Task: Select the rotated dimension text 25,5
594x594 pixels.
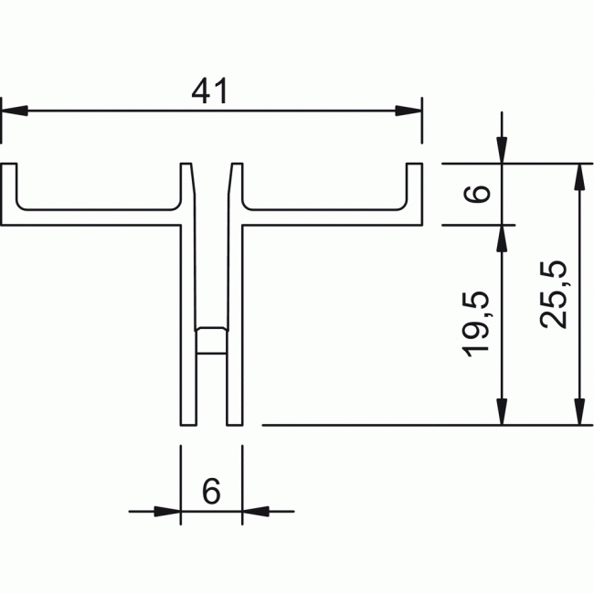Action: (x=555, y=293)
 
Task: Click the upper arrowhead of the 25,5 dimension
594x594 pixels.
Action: (x=578, y=176)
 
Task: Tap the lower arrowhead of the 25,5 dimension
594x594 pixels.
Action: (x=578, y=412)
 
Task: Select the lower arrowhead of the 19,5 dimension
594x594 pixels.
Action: (x=501, y=412)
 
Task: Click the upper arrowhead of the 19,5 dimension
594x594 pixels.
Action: (x=501, y=237)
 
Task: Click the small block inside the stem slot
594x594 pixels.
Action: (x=211, y=340)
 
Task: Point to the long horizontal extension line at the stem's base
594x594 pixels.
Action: (x=384, y=425)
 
